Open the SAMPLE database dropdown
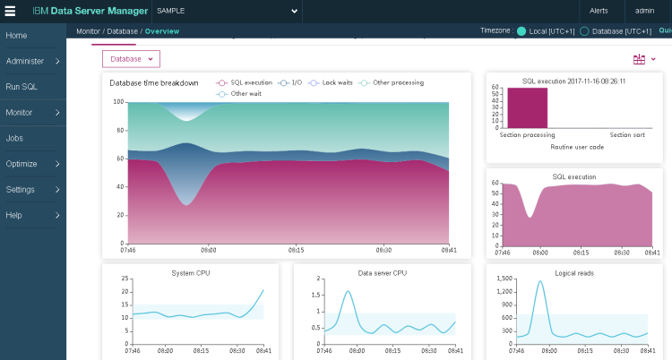coord(224,11)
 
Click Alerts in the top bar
coord(599,11)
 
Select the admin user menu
coord(644,11)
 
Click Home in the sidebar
coord(16,35)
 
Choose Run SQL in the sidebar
coord(22,87)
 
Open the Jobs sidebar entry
coord(14,139)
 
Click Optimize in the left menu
coord(22,164)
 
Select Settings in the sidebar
coord(21,190)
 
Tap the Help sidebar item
coord(14,215)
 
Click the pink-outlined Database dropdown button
coord(131,58)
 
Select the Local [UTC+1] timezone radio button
coord(521,31)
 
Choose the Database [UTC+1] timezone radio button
coord(585,31)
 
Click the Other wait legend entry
coord(243,93)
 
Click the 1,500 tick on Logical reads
coord(504,279)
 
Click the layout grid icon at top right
coord(639,59)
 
